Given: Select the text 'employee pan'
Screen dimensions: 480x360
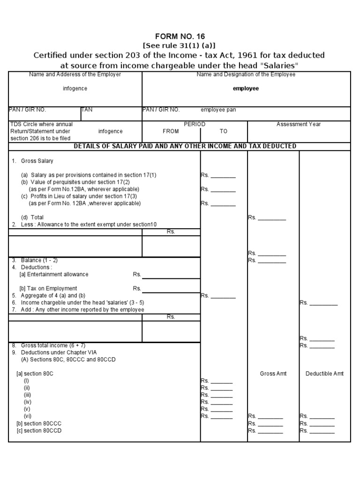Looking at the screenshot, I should pyautogui.click(x=218, y=110).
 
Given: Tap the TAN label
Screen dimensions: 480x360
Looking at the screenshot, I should pyautogui.click(x=87, y=110).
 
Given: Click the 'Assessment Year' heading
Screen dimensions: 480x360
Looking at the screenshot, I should pyautogui.click(x=299, y=124).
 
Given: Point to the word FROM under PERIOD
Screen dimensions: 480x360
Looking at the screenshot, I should pyautogui.click(x=171, y=132).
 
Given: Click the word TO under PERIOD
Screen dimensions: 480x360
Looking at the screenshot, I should pyautogui.click(x=224, y=132).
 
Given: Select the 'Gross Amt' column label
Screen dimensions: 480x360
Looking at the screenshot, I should pyautogui.click(x=273, y=374).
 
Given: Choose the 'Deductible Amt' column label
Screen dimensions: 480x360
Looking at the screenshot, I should pyautogui.click(x=324, y=374).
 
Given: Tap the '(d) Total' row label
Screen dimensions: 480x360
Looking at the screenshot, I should pyautogui.click(x=32, y=217).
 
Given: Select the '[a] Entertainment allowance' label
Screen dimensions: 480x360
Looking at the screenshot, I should pyautogui.click(x=53, y=274).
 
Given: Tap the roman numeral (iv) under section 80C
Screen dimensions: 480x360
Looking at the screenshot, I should pyautogui.click(x=28, y=402).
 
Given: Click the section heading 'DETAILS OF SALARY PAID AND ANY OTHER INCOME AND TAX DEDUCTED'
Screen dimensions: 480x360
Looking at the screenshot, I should pyautogui.click(x=185, y=146).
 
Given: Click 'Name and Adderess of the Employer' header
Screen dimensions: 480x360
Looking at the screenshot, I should pyautogui.click(x=75, y=75).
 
